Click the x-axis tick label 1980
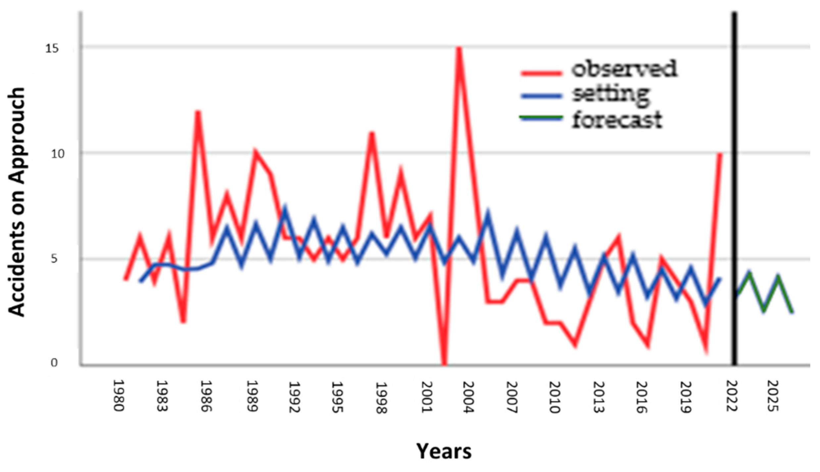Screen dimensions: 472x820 [x=118, y=396]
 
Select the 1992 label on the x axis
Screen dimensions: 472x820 [x=294, y=397]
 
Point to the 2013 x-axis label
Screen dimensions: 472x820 [x=599, y=397]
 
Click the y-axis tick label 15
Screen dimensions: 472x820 [x=52, y=49]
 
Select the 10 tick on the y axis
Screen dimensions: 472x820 [x=52, y=154]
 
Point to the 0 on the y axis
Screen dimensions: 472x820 [x=54, y=363]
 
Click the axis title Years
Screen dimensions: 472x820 [x=444, y=451]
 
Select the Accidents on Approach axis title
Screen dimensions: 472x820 [x=17, y=202]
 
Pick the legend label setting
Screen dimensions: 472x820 [x=611, y=95]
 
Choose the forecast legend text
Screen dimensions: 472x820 [x=617, y=119]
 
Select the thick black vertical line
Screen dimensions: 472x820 [x=734, y=189]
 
